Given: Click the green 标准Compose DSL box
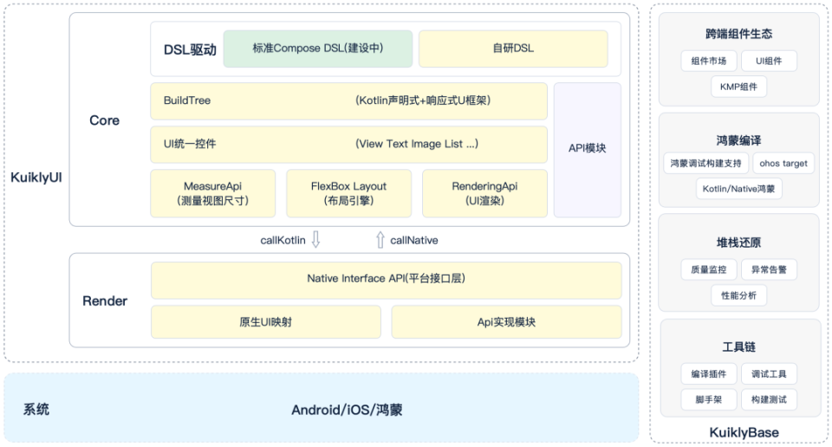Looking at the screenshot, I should coord(317,49).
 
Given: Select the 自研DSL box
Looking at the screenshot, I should coord(513,49).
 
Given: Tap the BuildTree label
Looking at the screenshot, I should coord(187,100).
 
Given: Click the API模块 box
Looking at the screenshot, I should coord(587,149).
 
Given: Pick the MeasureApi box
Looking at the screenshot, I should coord(212,193).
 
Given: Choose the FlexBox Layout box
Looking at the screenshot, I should coord(348,193).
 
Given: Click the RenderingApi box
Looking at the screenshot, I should coord(484,193).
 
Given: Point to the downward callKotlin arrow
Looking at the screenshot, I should coord(316,240).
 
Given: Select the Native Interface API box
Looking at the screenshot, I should coord(386,279).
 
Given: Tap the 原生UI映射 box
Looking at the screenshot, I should coord(265,322).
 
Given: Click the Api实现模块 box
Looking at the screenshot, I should coord(506,322).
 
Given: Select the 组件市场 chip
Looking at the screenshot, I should coord(709,62).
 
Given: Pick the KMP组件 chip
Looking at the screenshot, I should coord(738,86).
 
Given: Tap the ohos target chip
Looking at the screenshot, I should coord(783,163).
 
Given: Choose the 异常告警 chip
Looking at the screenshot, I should coord(769,269).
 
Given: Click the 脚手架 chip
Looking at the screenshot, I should coord(709,400).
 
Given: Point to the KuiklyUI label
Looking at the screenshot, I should coord(36,178).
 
